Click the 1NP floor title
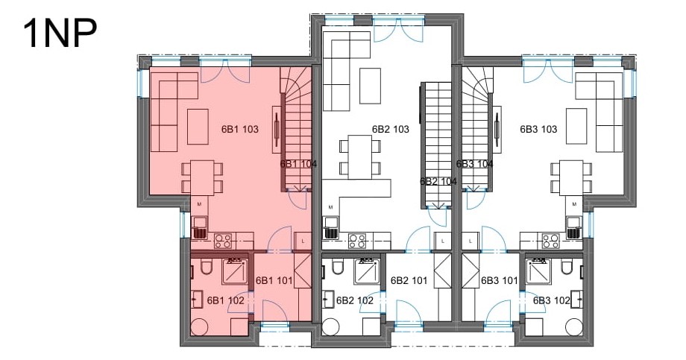click(60, 34)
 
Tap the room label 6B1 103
click(240, 129)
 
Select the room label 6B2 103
click(391, 129)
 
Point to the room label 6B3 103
click(538, 129)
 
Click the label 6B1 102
click(225, 300)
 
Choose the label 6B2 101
click(409, 280)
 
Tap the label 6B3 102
click(551, 300)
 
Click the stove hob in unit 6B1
click(223, 241)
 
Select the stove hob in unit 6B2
click(356, 241)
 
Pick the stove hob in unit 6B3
click(551, 241)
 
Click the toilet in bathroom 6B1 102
click(206, 267)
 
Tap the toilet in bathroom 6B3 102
click(567, 267)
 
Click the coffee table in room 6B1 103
click(198, 127)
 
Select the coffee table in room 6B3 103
click(576, 126)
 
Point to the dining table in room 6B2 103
click(359, 157)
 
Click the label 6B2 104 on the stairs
click(438, 181)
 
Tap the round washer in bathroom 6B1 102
click(201, 326)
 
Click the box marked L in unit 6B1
click(303, 241)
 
